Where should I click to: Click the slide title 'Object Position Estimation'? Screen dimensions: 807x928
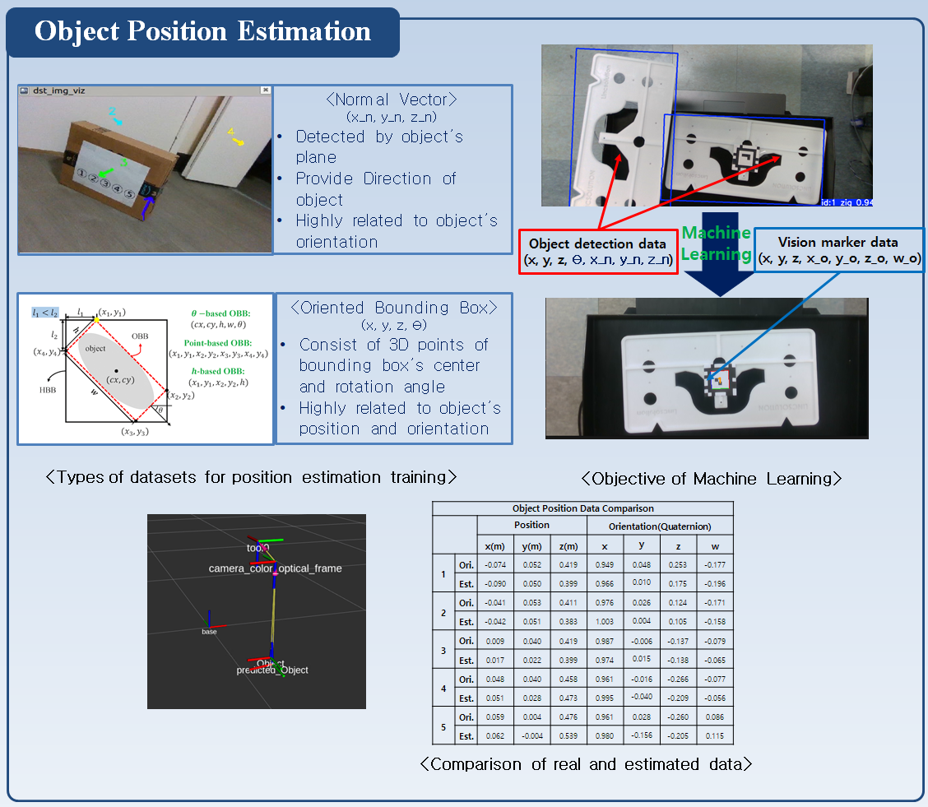pyautogui.click(x=202, y=32)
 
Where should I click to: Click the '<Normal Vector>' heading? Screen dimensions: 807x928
pyautogui.click(x=392, y=100)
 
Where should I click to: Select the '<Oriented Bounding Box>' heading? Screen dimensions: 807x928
pyautogui.click(x=394, y=308)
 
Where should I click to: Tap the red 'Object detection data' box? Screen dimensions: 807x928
pyautogui.click(x=598, y=252)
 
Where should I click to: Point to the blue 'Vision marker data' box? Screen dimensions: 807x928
pyautogui.click(x=839, y=250)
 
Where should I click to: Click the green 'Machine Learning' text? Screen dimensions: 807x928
pyautogui.click(x=716, y=243)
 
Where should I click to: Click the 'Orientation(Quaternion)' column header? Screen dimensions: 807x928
pyautogui.click(x=659, y=526)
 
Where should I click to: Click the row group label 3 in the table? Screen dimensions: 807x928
pyautogui.click(x=443, y=650)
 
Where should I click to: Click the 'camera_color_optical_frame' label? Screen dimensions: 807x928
pyautogui.click(x=275, y=568)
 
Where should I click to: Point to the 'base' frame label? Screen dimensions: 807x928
pyautogui.click(x=210, y=631)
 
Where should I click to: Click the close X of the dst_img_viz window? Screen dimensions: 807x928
pyautogui.click(x=265, y=90)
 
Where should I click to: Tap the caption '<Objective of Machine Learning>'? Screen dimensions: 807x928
pyautogui.click(x=711, y=478)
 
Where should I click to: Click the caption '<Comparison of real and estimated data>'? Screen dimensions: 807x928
pyautogui.click(x=586, y=764)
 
